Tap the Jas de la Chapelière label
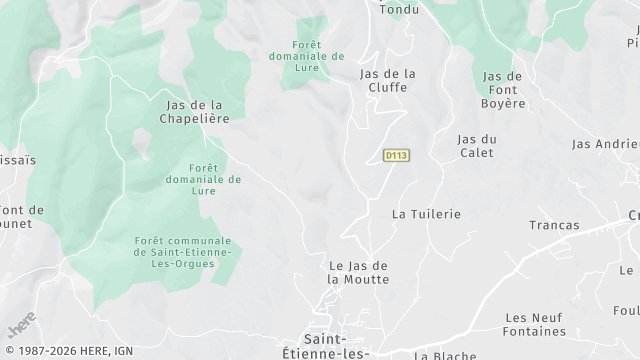click(195, 111)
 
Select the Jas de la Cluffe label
click(387, 80)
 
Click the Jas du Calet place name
click(477, 145)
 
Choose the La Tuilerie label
click(426, 214)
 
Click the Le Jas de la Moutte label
click(358, 272)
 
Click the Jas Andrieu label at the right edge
click(605, 144)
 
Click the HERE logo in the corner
click(21, 326)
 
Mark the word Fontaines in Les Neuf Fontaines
click(536, 331)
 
